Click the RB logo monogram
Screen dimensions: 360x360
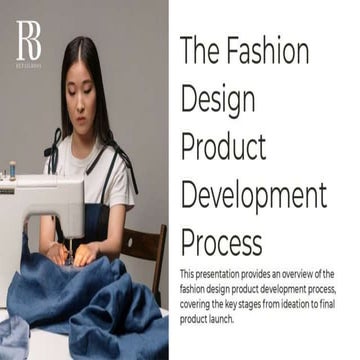coord(29,41)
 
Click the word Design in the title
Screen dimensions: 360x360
coord(217,99)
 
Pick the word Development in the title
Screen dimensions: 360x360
coord(253,194)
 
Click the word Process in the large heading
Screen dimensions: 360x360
coord(221,241)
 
